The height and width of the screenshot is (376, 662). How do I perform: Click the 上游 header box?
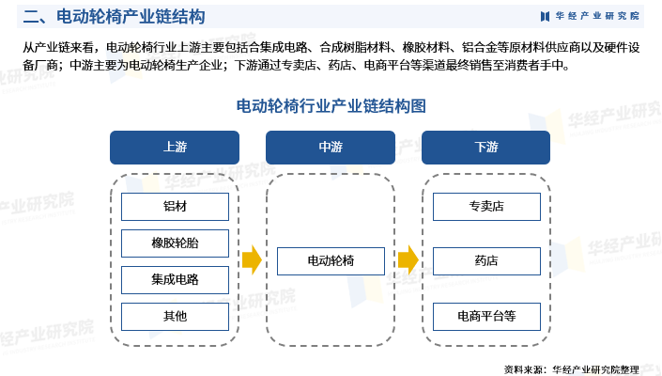point(175,148)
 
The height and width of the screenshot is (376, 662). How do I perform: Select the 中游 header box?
point(331,148)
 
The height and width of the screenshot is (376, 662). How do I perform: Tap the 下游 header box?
point(486,148)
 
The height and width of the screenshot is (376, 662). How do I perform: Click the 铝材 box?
point(175,207)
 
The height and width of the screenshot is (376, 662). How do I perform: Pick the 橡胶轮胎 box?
point(175,243)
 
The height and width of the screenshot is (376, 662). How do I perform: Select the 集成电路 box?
point(175,280)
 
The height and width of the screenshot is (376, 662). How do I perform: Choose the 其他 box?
point(175,317)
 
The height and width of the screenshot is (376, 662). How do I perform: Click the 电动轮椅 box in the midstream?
point(331,261)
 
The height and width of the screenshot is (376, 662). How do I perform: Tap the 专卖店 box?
point(486,207)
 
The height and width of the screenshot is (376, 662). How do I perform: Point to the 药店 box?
point(486,261)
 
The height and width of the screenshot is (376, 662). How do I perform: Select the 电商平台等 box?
point(486,317)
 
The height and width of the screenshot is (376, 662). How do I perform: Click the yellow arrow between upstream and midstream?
point(251,260)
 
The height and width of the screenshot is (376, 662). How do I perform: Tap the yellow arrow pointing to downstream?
point(408,260)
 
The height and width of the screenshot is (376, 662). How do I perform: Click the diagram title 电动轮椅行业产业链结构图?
point(331,105)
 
